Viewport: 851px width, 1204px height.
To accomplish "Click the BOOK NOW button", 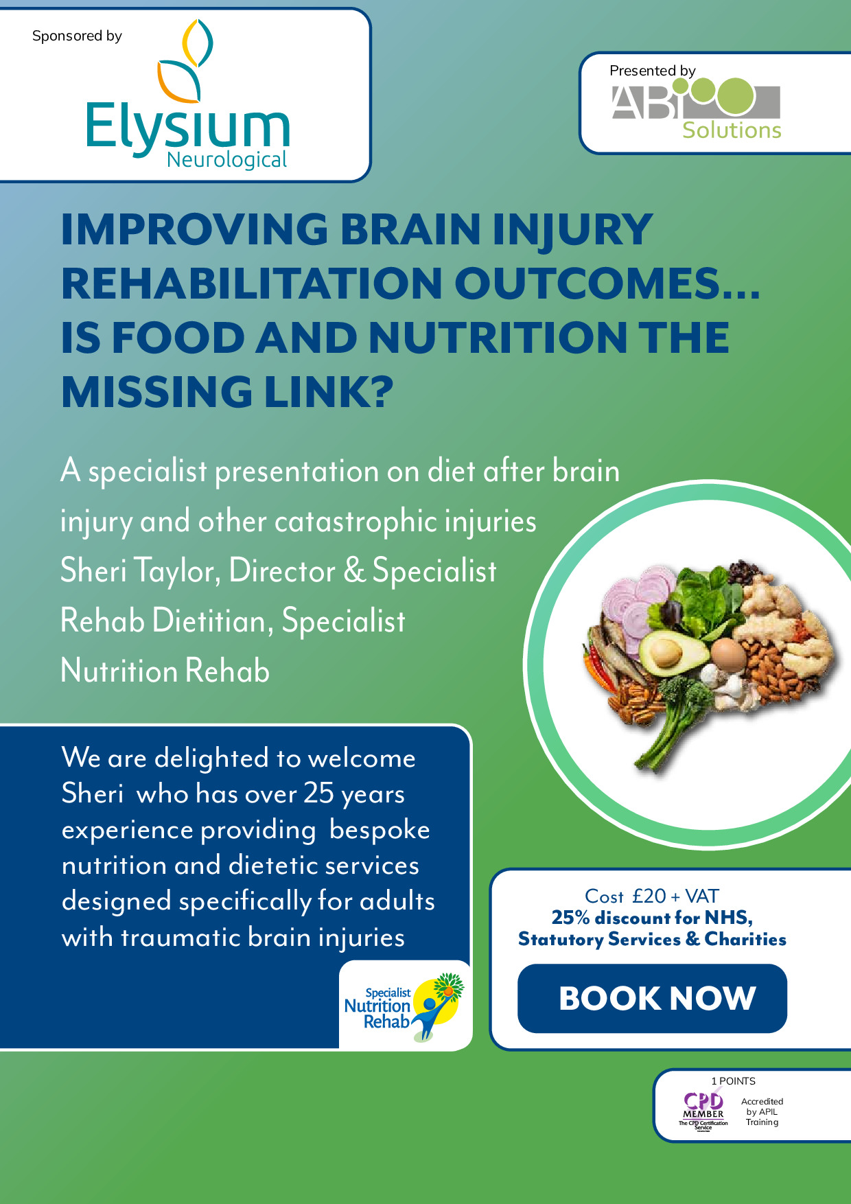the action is pyautogui.click(x=652, y=998).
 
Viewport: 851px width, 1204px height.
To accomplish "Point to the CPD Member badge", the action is pyautogui.click(x=703, y=1111).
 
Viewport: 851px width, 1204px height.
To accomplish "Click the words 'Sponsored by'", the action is pyautogui.click(x=77, y=36).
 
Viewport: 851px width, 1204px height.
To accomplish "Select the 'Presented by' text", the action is pyautogui.click(x=652, y=71).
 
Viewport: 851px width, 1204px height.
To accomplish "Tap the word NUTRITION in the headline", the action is pyautogui.click(x=496, y=338).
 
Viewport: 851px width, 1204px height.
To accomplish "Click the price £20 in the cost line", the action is pyautogui.click(x=649, y=896).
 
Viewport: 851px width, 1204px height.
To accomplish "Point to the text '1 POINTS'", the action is pyautogui.click(x=733, y=1081).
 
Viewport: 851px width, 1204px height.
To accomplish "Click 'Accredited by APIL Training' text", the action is pyautogui.click(x=762, y=1111).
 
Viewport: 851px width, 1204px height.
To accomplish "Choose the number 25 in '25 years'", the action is pyautogui.click(x=318, y=794).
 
